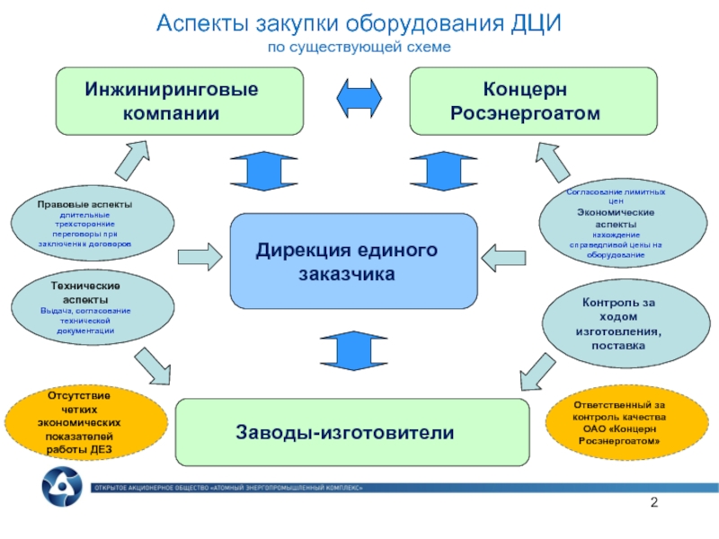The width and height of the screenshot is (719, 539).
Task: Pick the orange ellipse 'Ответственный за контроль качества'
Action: tap(619, 422)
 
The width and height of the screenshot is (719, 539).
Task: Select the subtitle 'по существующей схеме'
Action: tap(359, 46)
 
